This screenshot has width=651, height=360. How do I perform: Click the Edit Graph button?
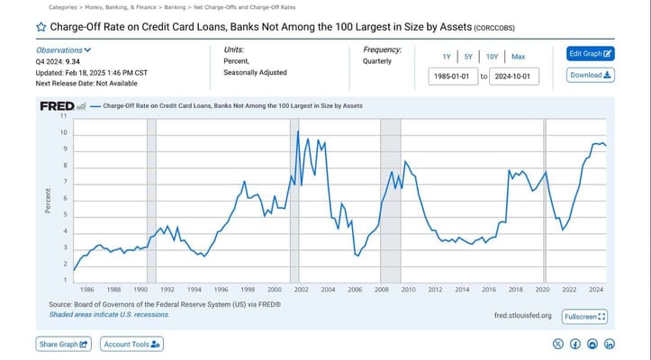[x=591, y=54]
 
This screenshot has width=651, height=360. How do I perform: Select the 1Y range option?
[x=447, y=56]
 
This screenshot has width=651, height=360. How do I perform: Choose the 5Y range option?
[x=468, y=56]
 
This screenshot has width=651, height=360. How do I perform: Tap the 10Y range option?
[x=492, y=56]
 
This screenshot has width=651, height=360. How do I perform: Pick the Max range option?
[x=518, y=56]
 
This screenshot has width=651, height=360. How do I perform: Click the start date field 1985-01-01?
[x=453, y=76]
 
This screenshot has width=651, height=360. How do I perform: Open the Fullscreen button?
[x=585, y=317]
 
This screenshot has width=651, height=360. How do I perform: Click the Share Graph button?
[x=64, y=344]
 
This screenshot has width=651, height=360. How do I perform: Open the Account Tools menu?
[x=131, y=344]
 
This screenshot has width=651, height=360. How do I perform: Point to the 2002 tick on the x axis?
[x=302, y=289]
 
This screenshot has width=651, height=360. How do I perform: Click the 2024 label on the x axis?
[x=596, y=289]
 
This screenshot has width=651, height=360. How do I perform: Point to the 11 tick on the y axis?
[x=64, y=116]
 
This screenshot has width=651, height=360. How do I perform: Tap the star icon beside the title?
[x=41, y=27]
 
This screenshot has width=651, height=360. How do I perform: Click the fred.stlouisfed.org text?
[x=523, y=316]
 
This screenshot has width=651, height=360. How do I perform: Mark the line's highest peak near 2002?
[x=298, y=131]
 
